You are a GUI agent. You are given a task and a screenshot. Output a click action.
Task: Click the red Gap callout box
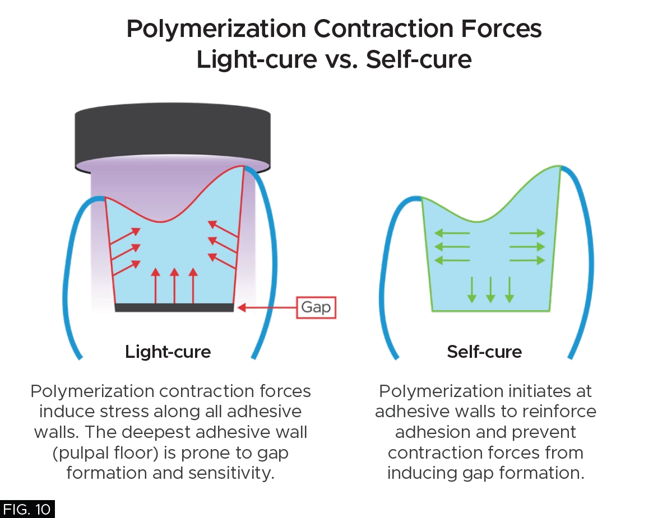(x=316, y=307)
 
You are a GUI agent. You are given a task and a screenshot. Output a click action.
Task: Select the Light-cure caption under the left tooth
(x=168, y=352)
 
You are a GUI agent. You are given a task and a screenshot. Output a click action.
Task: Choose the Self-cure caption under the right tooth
(x=484, y=352)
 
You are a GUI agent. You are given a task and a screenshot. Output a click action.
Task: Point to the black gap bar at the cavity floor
(x=174, y=307)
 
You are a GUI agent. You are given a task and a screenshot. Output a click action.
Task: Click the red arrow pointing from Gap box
(x=267, y=307)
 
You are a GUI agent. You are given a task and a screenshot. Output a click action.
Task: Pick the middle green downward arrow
(x=490, y=290)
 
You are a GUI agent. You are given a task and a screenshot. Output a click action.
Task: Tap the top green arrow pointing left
(x=452, y=233)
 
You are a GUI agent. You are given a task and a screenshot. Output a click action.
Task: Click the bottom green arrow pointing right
(x=527, y=260)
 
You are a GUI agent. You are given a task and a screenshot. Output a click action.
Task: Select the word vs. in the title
(x=341, y=59)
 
